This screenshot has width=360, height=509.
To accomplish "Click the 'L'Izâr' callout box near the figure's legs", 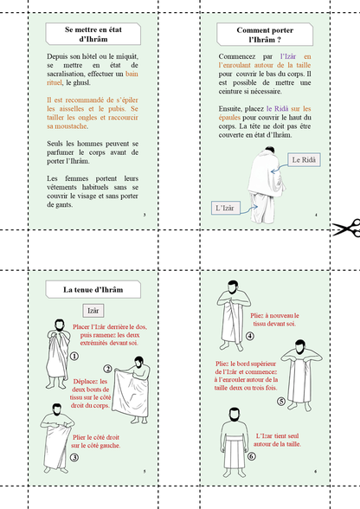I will tap(228, 208).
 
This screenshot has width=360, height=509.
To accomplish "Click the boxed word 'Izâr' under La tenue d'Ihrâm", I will tap(93, 309).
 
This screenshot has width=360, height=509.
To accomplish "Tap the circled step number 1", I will tap(74, 355).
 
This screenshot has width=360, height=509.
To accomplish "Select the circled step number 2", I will tap(107, 369).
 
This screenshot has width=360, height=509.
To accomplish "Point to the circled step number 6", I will tap(251, 455).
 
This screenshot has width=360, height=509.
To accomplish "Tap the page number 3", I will tap(144, 214).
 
